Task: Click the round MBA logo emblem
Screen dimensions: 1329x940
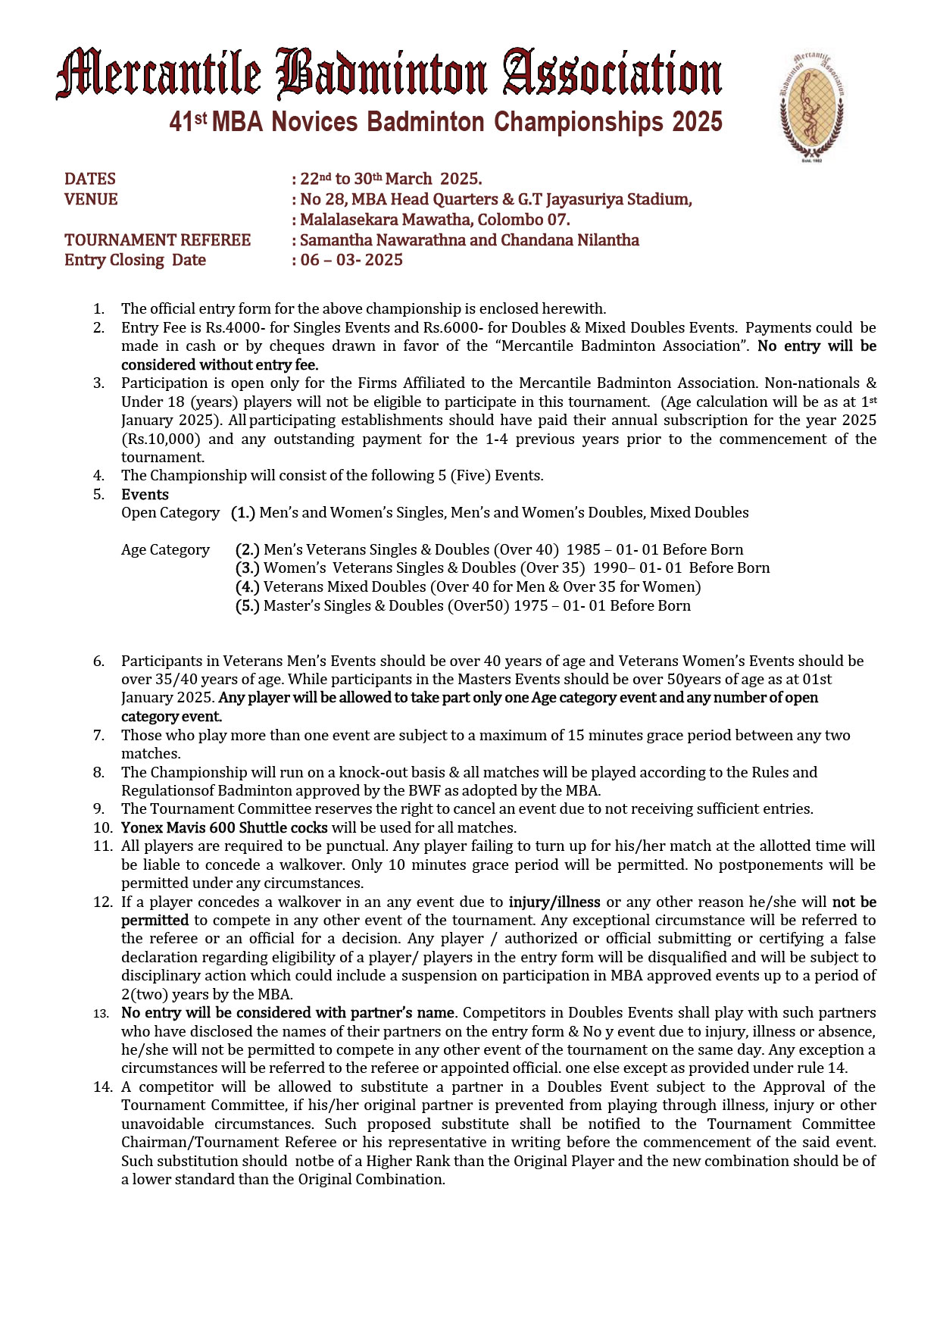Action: (x=811, y=106)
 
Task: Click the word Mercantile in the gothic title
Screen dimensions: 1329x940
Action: (x=158, y=73)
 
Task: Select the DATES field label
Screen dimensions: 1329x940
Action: (x=90, y=179)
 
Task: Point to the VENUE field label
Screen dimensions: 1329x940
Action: (x=91, y=199)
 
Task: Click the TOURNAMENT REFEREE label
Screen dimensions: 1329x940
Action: (x=158, y=240)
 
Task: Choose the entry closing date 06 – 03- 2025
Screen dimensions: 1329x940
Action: (x=351, y=260)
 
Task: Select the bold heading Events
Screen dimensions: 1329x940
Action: (x=145, y=495)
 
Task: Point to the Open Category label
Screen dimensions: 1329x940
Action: (x=170, y=513)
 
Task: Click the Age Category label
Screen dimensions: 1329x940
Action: (x=165, y=550)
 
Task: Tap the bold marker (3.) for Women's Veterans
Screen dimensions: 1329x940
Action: (x=247, y=568)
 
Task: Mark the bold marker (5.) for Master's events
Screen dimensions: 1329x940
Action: (x=247, y=605)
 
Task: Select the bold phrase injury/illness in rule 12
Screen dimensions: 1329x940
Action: (x=554, y=902)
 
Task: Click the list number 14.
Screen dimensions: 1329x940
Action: (x=103, y=1087)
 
